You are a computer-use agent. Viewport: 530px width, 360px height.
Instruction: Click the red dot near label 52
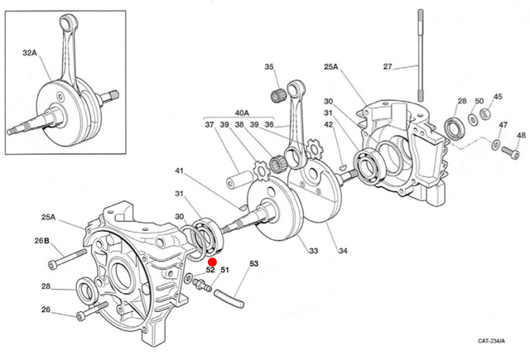(x=212, y=261)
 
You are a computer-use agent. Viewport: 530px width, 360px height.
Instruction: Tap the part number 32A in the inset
(x=30, y=52)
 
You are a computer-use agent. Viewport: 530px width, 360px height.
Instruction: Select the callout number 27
(x=387, y=65)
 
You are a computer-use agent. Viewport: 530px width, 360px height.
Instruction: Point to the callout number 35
(x=269, y=67)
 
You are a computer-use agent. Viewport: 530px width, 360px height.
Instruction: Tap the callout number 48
(x=520, y=136)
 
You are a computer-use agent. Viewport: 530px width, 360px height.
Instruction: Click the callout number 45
(x=498, y=96)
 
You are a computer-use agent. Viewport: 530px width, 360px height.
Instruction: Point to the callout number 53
(x=253, y=264)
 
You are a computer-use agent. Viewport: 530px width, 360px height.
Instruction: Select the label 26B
(x=42, y=241)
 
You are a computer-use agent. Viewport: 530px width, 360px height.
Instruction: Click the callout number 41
(x=178, y=171)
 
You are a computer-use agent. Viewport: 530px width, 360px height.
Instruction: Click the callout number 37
(x=209, y=125)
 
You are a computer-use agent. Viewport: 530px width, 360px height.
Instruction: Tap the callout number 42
(x=329, y=125)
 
